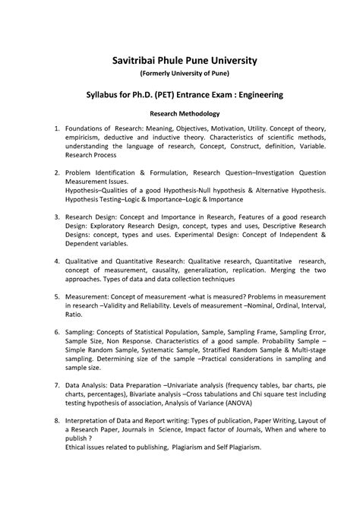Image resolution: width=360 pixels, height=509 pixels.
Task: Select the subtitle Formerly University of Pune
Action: [180, 73]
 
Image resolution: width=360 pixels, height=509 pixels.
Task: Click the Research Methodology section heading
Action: [180, 112]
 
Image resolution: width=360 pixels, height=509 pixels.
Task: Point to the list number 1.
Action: [48, 129]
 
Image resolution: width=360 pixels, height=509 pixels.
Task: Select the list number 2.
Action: [48, 173]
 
